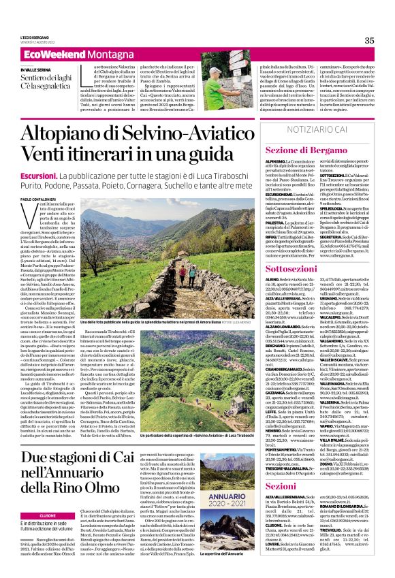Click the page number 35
[x=369, y=41]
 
